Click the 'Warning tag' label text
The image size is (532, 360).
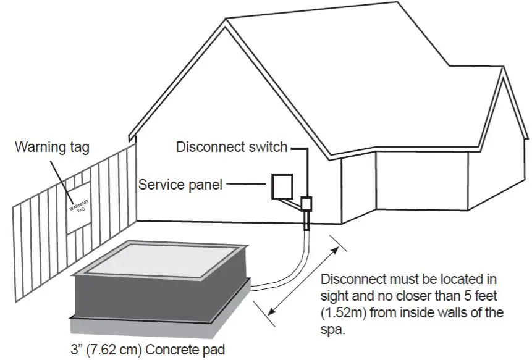[x=52, y=148]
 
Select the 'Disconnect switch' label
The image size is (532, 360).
[x=232, y=147]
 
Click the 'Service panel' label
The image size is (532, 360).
[x=180, y=184]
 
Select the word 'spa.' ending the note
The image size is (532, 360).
[x=333, y=329]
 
